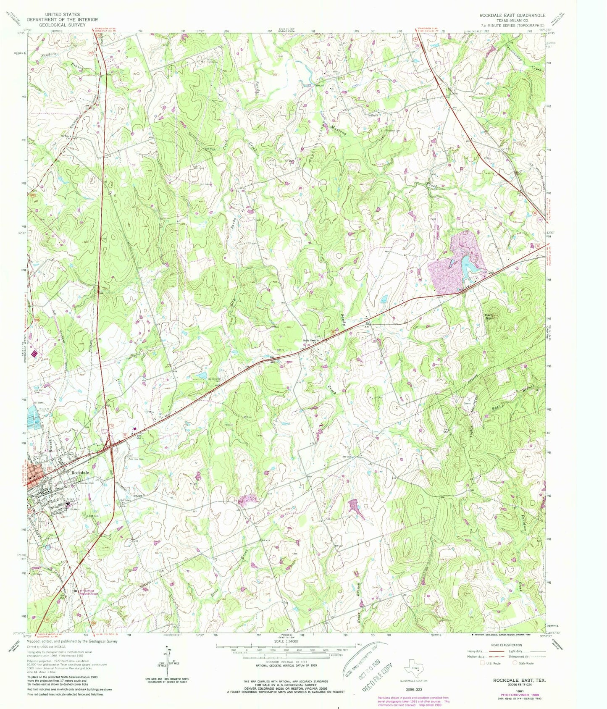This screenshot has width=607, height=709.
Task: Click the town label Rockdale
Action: (x=79, y=472)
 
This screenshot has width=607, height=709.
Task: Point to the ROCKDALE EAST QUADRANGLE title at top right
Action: (x=512, y=15)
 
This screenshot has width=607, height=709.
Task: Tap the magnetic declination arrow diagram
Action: (x=164, y=664)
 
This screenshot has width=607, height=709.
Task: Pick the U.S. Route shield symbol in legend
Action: (x=483, y=663)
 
